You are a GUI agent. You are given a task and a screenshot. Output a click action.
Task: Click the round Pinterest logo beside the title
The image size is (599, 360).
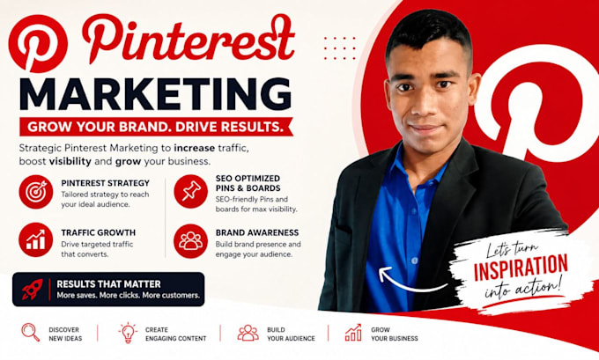click(38, 43)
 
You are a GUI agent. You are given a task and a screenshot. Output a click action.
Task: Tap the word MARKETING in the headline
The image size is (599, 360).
click(156, 94)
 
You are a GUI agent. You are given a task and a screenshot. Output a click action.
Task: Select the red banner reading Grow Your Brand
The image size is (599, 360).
click(156, 127)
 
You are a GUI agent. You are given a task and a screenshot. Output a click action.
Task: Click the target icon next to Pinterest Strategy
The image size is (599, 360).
click(36, 192)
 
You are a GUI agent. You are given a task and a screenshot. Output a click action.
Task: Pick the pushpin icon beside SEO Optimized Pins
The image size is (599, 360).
click(190, 191)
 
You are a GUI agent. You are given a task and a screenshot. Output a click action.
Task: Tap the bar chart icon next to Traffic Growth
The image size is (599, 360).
click(35, 239)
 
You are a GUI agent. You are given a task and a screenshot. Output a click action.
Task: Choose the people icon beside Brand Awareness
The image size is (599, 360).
click(190, 241)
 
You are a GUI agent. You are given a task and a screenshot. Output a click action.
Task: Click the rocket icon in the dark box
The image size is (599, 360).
click(33, 289)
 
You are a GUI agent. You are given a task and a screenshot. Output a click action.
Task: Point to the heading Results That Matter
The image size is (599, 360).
click(108, 284)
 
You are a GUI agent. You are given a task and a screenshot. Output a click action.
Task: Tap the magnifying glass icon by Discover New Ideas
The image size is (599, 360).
click(31, 332)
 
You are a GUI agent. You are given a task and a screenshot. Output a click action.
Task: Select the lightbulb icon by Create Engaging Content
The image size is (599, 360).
click(128, 333)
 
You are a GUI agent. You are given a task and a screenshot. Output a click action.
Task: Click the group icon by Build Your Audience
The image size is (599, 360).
click(248, 333)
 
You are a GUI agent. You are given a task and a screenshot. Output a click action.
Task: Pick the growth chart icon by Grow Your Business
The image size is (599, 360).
click(353, 333)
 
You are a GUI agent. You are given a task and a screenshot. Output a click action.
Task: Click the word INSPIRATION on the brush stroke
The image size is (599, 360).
click(521, 267)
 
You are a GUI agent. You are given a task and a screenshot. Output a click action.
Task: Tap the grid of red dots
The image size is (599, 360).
click(340, 48)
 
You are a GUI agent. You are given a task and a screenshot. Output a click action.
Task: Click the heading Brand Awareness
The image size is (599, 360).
click(257, 232)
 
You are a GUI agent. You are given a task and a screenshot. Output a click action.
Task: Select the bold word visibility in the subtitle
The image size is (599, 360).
click(70, 161)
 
